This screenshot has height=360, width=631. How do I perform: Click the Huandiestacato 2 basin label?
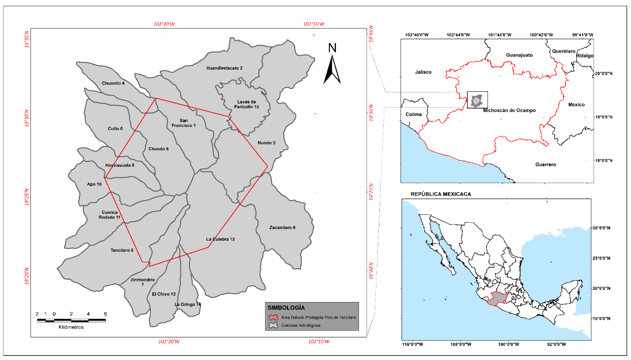tap(224, 68)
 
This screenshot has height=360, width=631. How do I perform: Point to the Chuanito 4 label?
tap(113, 84)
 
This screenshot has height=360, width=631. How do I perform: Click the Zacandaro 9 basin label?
tap(282, 227)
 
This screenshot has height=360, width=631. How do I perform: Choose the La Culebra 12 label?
tap(220, 239)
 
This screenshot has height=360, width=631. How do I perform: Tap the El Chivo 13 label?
tap(164, 294)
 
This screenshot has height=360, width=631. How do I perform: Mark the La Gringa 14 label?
tap(187, 304)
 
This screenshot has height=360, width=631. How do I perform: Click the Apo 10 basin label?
tap(94, 184)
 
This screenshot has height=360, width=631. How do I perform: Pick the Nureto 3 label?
tap(266, 143)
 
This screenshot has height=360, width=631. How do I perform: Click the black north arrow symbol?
tap(332, 70)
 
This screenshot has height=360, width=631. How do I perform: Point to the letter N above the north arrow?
tap(332, 48)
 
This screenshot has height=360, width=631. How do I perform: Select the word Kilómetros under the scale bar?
tap(71, 327)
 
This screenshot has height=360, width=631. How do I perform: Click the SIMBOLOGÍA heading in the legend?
tap(286, 307)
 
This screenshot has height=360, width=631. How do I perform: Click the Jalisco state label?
tap(423, 72)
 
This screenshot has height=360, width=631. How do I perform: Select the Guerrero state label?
tap(545, 165)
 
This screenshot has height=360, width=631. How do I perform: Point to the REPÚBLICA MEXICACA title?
tap(441, 194)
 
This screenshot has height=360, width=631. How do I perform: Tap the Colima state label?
tap(414, 115)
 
